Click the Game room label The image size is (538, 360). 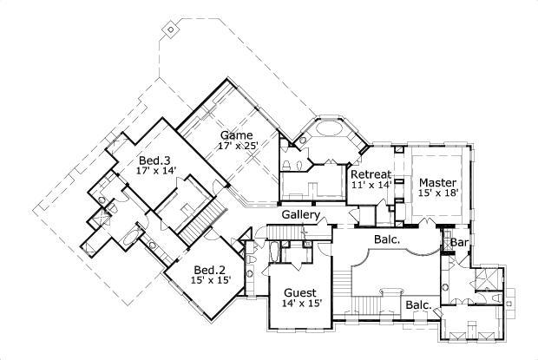[236, 135]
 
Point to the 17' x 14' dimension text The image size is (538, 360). [157, 172]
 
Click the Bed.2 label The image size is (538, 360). [210, 270]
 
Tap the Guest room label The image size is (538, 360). [300, 293]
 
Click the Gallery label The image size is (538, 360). [301, 215]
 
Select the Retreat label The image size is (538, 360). [371, 174]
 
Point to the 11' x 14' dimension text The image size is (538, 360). [371, 186]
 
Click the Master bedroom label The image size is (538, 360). [437, 182]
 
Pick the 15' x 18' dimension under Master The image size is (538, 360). [437, 194]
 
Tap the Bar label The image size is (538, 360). [459, 244]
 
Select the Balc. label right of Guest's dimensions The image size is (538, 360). [419, 304]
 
